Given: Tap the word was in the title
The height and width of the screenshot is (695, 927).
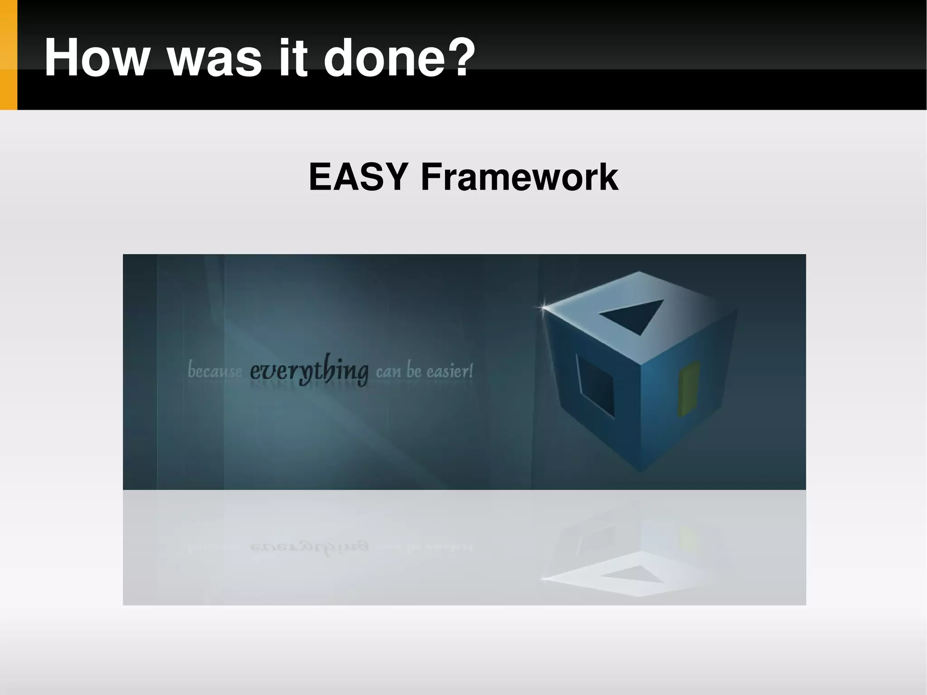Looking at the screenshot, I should tap(215, 58).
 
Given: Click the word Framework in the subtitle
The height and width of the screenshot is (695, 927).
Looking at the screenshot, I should tap(519, 177).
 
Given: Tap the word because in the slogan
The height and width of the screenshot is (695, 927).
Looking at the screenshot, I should tap(215, 372).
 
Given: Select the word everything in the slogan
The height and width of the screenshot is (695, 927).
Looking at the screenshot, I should tap(309, 371).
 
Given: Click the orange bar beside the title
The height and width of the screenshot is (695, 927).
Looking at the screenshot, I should tap(8, 55).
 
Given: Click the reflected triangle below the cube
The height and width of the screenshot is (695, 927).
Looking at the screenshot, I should tap(631, 575).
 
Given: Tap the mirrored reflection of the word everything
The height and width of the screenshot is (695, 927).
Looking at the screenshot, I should tap(309, 547).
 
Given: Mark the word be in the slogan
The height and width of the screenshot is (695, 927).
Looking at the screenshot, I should tap(414, 371).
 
